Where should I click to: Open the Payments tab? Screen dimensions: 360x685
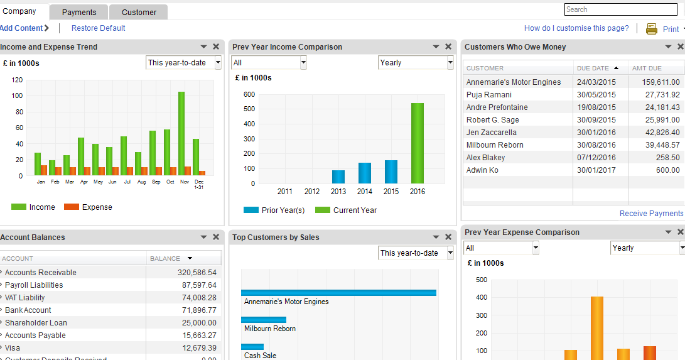tap(79, 12)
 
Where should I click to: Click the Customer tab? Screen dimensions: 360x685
tap(139, 12)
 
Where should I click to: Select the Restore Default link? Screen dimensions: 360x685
tap(98, 28)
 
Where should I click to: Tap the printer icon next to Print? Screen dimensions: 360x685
tap(652, 29)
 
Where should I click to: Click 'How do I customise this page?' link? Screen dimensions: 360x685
tap(576, 28)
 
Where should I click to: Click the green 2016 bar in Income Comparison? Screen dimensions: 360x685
tap(418, 143)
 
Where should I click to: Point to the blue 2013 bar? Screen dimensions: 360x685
tap(338, 177)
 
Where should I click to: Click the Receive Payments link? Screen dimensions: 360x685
tap(650, 214)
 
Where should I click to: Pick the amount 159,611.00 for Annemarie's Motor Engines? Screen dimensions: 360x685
tap(655, 82)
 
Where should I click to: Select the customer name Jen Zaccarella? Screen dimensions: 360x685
tap(492, 133)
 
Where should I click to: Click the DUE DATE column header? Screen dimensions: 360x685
tap(593, 68)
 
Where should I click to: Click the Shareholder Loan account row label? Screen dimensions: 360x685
tap(36, 323)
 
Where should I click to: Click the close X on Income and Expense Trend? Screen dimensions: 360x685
tap(216, 47)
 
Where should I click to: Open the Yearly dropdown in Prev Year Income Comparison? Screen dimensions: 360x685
tap(415, 63)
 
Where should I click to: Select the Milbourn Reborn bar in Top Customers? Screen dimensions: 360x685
tap(264, 320)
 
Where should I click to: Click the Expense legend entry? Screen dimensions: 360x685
tap(96, 207)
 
